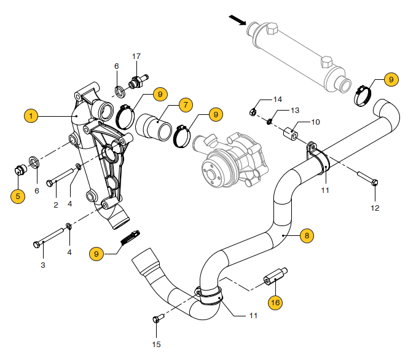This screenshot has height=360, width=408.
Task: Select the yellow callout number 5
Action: coord(17,197)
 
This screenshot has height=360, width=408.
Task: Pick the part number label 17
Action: coord(136,57)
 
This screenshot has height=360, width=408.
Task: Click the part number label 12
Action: coord(375,208)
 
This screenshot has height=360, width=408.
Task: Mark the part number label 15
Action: coord(156,344)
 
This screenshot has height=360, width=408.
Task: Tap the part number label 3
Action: coord(43,265)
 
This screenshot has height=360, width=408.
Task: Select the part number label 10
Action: coord(315,122)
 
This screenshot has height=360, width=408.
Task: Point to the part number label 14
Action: coord(278,99)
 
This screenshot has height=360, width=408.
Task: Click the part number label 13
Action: coord(295,111)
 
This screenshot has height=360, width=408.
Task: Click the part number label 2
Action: coord(55,204)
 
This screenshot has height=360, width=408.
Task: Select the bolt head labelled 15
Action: coord(155,319)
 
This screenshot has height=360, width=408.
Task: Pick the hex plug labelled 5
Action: coord(18,170)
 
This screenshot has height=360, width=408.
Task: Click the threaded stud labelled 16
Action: coord(275,278)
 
